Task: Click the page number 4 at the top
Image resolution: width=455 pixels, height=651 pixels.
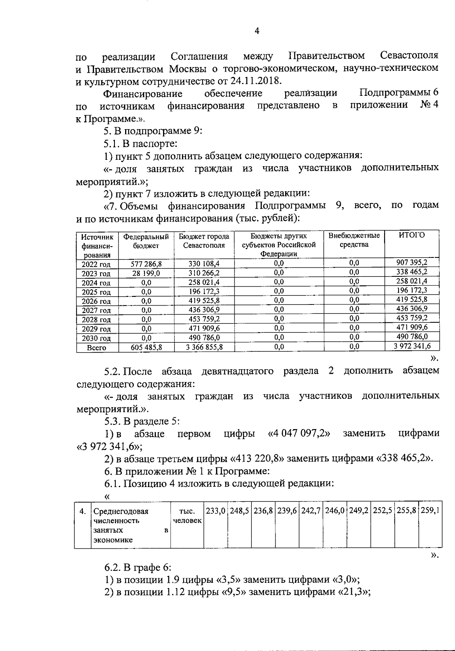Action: [x=257, y=31]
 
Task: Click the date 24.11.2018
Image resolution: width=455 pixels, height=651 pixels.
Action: [x=254, y=81]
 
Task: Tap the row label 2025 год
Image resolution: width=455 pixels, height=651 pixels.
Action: [x=96, y=292]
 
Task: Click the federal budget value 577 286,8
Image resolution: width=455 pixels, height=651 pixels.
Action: [x=146, y=264]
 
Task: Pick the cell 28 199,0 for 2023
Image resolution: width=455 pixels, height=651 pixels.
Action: [x=146, y=273]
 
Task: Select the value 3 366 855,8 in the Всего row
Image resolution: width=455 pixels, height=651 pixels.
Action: [x=204, y=347]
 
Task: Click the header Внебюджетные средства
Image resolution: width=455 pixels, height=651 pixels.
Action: [x=354, y=240]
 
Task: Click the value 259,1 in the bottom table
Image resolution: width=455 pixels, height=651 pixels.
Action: [x=430, y=511]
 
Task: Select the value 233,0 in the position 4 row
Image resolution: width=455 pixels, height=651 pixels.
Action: [x=215, y=511]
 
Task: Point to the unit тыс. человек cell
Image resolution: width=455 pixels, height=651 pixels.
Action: [x=187, y=516]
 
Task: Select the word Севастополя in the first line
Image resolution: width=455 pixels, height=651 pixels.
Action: [x=409, y=56]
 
